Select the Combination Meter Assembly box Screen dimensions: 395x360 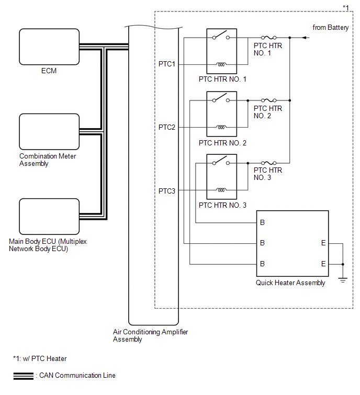49,131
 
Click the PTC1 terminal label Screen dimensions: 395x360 167,64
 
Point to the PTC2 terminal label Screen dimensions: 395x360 167,127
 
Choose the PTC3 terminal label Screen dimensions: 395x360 167,190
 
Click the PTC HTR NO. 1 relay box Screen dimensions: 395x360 222,51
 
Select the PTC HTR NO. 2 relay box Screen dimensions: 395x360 222,114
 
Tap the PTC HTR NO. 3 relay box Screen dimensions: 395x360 222,177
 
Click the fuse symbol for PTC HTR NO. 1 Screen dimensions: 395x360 267,38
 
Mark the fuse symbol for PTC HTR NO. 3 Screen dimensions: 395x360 267,163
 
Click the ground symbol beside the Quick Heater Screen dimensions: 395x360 343,280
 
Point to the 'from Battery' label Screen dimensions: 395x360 330,28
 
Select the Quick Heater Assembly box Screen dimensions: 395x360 292,243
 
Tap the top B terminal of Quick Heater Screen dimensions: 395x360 262,222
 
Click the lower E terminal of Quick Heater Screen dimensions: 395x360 323,264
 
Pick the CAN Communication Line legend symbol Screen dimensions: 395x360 22,376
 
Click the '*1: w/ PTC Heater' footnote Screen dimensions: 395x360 40,358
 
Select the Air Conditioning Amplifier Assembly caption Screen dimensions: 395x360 150,335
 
